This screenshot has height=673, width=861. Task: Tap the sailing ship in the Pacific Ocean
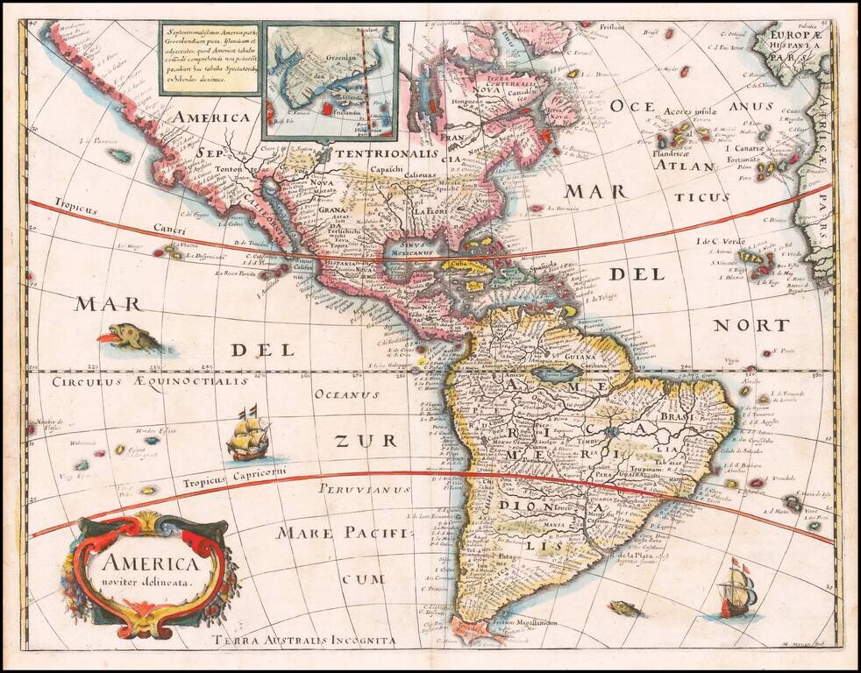click(248, 436)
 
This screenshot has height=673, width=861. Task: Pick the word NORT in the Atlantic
click(750, 325)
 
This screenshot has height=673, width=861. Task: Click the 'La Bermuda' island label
click(566, 208)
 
